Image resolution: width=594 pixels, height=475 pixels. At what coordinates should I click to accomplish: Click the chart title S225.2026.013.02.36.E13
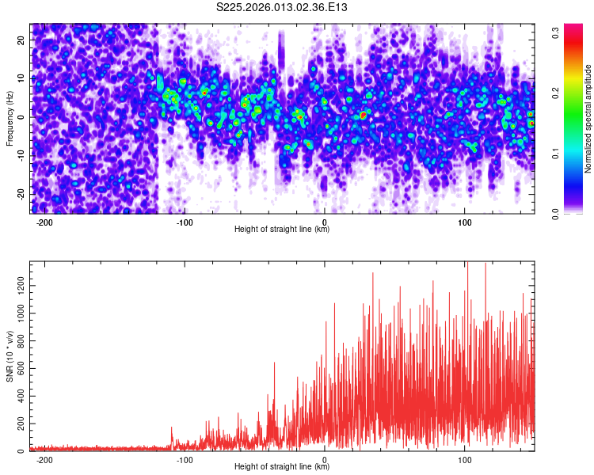(282, 8)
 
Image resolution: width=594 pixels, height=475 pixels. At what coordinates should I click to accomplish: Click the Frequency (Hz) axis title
(10, 118)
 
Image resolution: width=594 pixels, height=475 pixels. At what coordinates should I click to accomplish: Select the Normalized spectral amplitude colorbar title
(588, 119)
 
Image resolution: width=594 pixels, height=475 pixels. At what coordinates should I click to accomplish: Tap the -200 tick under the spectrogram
(44, 222)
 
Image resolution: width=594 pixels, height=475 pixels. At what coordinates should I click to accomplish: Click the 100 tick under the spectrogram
(465, 222)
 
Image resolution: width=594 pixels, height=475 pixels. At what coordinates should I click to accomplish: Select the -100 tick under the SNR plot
(185, 460)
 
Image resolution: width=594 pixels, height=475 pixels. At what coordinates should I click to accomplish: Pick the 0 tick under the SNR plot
(325, 460)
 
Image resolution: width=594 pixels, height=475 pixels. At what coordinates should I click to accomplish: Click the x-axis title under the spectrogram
(282, 230)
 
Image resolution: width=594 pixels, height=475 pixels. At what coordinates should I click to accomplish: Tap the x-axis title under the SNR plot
(282, 467)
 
